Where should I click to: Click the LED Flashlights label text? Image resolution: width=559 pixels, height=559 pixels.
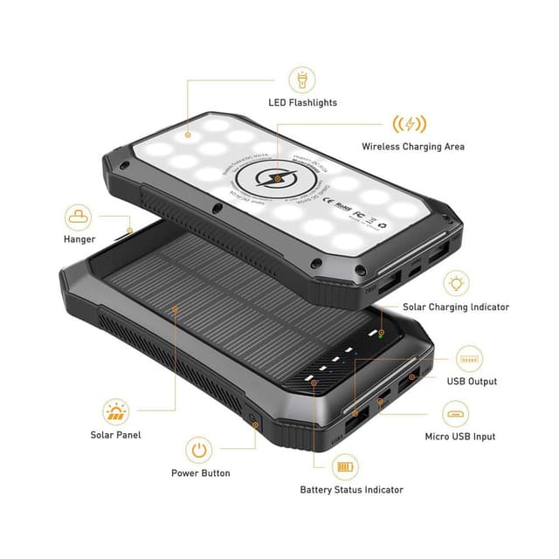(x=302, y=103)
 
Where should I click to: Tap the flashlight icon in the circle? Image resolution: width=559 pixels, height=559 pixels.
(x=302, y=79)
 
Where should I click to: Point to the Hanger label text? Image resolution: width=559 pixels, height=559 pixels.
(x=79, y=238)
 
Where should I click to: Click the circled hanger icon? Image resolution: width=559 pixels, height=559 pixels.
(x=79, y=215)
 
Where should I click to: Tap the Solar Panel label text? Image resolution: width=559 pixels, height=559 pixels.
(x=115, y=434)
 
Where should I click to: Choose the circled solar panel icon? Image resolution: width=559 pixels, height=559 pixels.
(x=115, y=411)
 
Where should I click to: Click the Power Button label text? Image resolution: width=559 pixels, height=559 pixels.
(x=201, y=473)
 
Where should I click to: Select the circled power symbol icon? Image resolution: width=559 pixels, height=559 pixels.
(x=200, y=450)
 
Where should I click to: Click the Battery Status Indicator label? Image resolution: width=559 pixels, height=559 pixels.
(x=351, y=490)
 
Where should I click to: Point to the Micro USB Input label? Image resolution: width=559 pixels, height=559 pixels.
(x=459, y=436)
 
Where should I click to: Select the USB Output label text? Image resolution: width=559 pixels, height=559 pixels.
(x=473, y=382)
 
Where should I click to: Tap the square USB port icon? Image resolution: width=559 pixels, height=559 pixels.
(x=471, y=359)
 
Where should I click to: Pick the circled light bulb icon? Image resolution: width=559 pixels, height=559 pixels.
(x=456, y=283)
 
